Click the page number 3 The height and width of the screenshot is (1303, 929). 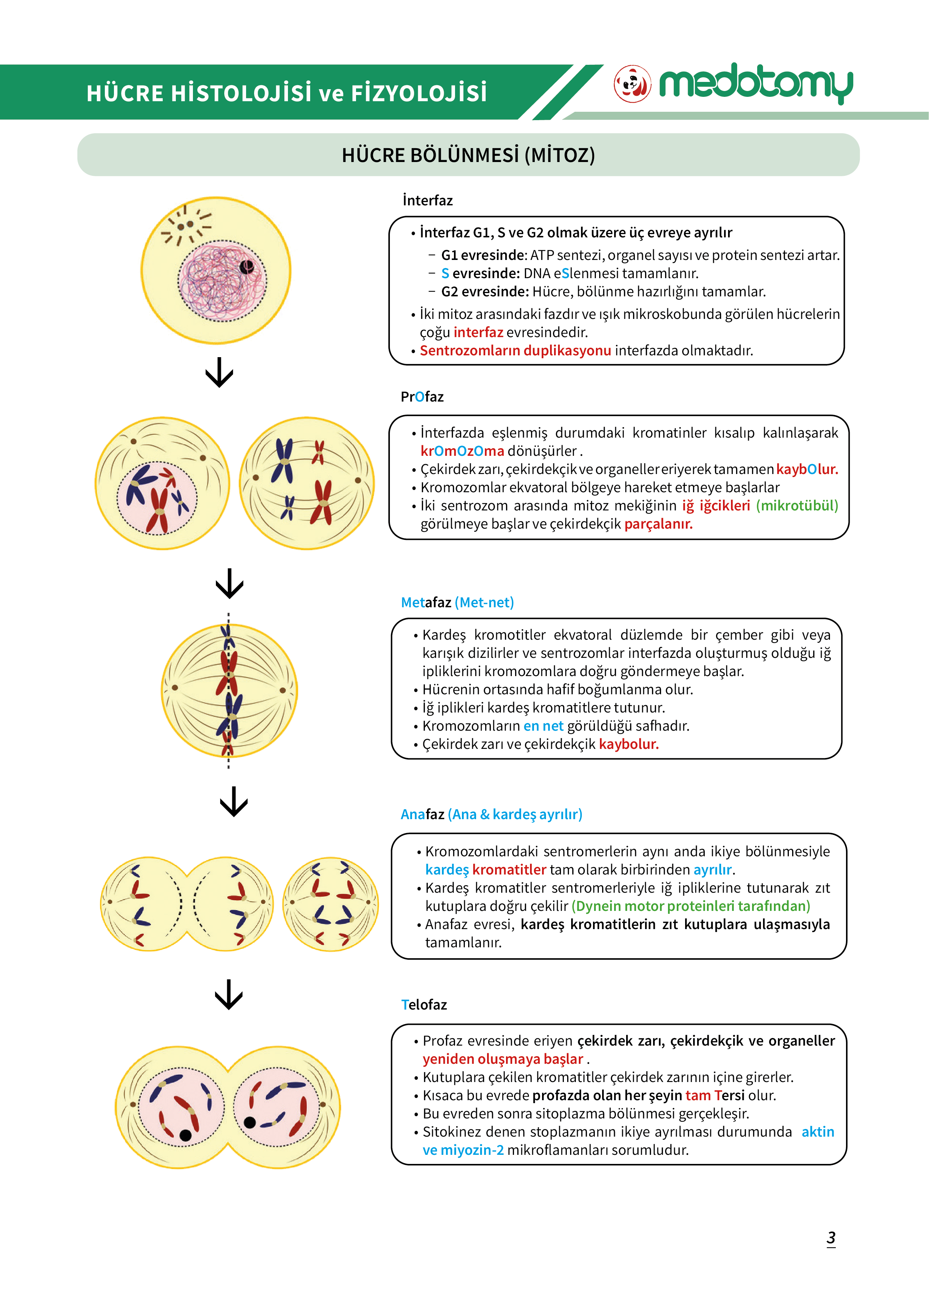pyautogui.click(x=831, y=1238)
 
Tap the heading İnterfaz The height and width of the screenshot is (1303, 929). pyautogui.click(x=427, y=201)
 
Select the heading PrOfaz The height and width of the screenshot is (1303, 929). pyautogui.click(x=422, y=397)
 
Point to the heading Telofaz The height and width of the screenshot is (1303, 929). pyautogui.click(x=424, y=1005)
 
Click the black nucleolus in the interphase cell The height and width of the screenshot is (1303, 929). pyautogui.click(x=246, y=266)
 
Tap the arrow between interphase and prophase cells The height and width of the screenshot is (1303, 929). pyautogui.click(x=220, y=372)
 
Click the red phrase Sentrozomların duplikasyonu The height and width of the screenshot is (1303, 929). pyautogui.click(x=515, y=351)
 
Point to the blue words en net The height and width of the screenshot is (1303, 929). pyautogui.click(x=543, y=726)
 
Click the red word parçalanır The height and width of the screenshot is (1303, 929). pyautogui.click(x=659, y=524)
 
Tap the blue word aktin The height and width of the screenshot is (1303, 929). pyautogui.click(x=818, y=1132)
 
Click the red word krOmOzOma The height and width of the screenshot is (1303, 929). pyautogui.click(x=462, y=451)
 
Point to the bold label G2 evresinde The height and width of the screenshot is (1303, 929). pyautogui.click(x=485, y=292)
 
